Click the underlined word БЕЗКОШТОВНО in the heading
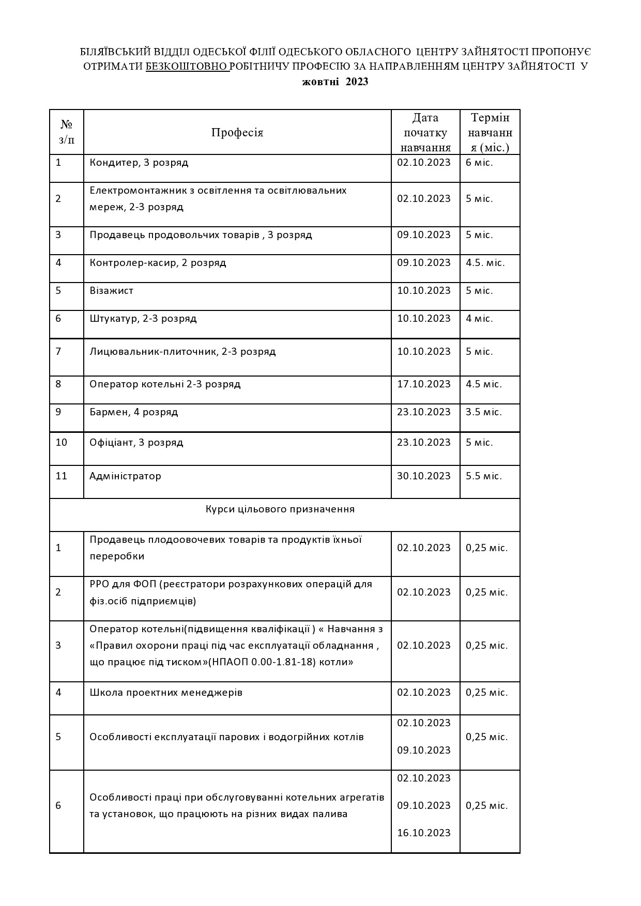[x=187, y=66]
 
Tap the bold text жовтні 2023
[x=335, y=82]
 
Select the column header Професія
[x=237, y=132]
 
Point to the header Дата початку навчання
[x=425, y=133]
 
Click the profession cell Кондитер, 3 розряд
[x=139, y=163]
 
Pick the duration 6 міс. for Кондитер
[x=479, y=163]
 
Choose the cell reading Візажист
[x=112, y=291]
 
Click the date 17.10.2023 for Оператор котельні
[x=424, y=384]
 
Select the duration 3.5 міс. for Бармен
[x=484, y=412]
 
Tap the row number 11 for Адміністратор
[x=62, y=476]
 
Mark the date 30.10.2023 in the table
[x=424, y=476]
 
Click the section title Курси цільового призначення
[x=280, y=509]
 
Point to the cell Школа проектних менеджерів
[x=166, y=693]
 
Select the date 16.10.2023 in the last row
[x=424, y=833]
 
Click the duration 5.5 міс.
[x=484, y=476]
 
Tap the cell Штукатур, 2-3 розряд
[x=143, y=319]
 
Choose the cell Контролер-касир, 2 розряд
[x=158, y=263]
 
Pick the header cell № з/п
[x=67, y=132]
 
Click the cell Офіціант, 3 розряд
[x=136, y=443]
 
